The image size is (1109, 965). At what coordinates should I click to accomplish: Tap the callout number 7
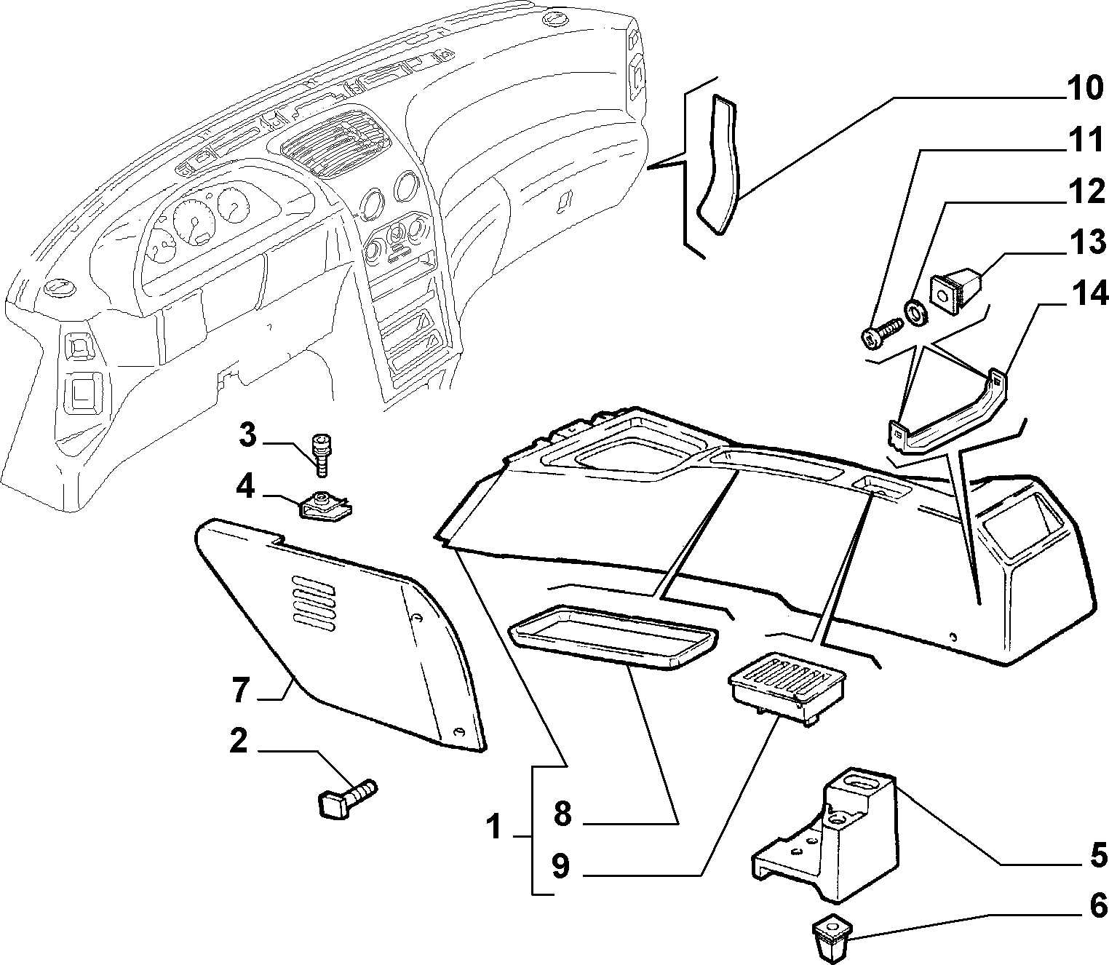241,690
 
